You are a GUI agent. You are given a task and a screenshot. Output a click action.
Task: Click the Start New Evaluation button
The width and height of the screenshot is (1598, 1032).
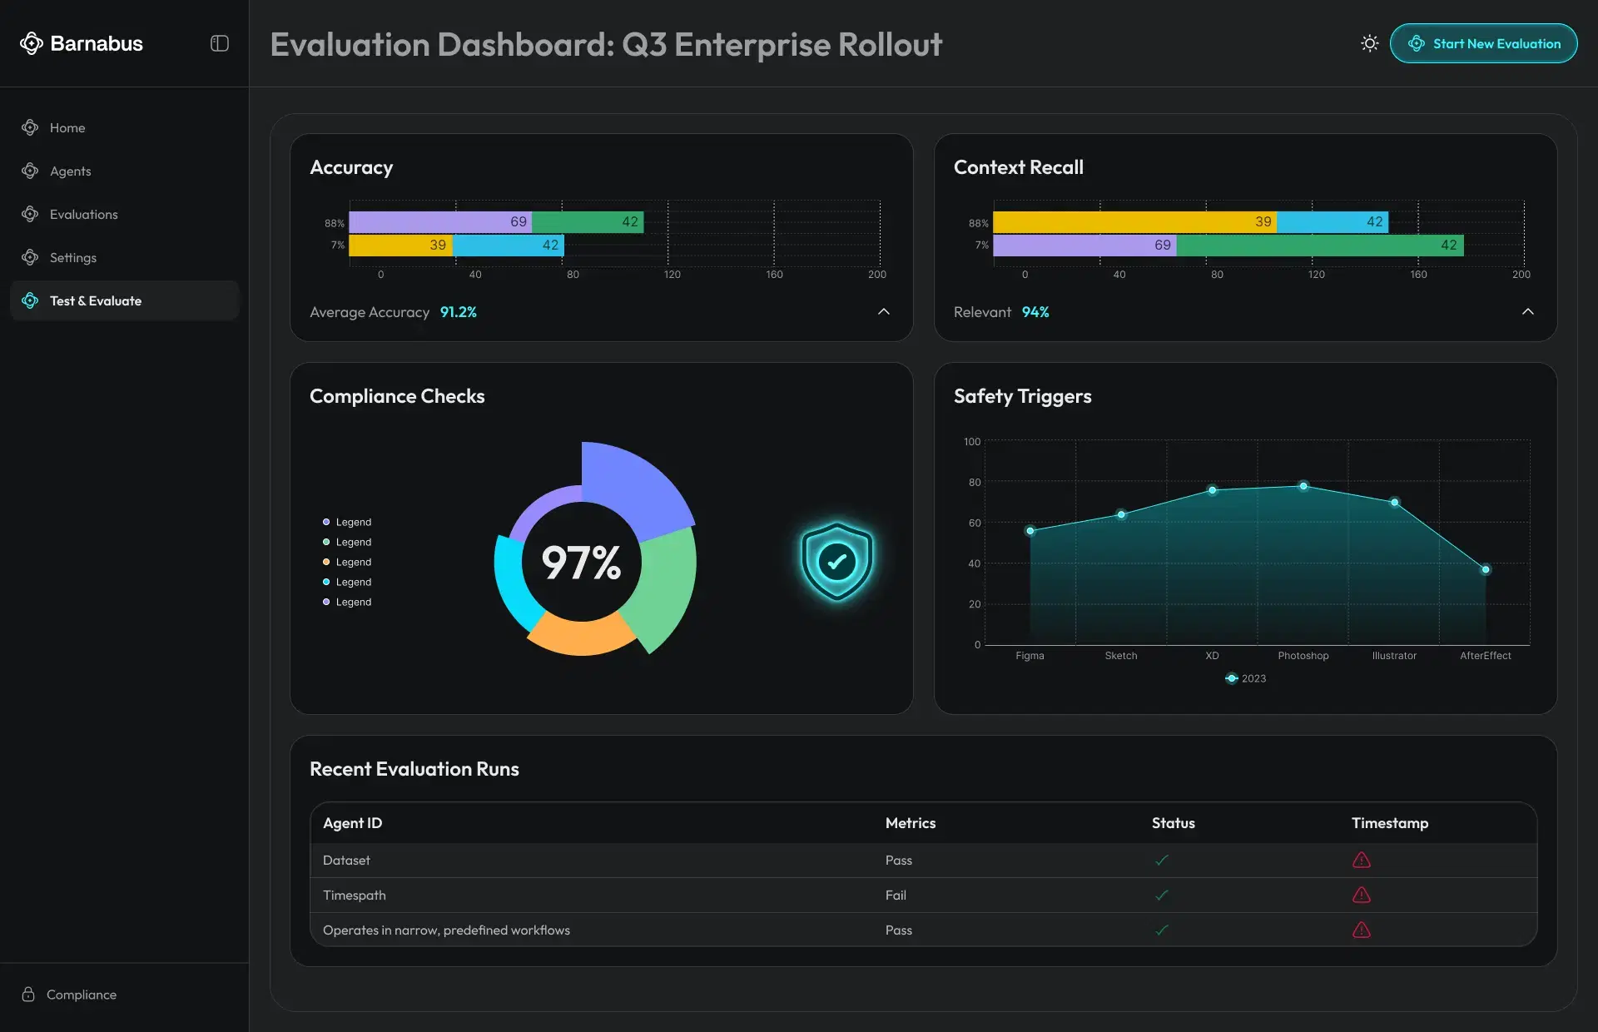click(1483, 43)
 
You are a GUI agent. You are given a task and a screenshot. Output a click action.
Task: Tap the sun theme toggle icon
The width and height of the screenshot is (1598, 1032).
click(1369, 43)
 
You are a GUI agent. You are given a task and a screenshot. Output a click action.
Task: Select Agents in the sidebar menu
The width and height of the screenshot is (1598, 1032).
click(70, 171)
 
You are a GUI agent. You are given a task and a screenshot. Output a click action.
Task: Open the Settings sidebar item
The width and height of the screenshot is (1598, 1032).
click(72, 257)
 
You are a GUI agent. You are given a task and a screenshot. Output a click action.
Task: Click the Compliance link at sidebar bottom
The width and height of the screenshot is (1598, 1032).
click(81, 995)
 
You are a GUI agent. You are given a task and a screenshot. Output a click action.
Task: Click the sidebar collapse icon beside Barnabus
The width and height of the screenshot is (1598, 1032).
click(220, 43)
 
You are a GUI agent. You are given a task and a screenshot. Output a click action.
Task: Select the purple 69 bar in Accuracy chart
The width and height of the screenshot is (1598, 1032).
click(440, 222)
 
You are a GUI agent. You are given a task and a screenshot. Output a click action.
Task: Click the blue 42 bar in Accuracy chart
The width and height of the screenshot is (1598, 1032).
click(509, 245)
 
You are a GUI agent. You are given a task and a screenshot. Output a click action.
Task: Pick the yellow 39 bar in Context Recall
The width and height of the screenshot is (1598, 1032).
click(1134, 222)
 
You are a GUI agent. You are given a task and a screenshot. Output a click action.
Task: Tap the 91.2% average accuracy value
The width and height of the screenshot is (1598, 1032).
click(458, 312)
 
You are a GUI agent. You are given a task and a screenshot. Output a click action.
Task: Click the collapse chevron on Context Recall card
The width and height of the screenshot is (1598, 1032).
click(1527, 311)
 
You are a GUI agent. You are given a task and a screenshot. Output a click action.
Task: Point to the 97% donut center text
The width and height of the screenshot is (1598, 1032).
click(581, 563)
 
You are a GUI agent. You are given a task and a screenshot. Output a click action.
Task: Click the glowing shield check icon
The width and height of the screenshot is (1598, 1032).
click(836, 561)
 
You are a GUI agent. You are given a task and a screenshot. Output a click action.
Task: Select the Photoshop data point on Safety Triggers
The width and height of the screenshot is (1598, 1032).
click(1303, 486)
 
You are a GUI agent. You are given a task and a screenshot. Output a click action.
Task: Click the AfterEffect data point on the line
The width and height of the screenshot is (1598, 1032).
click(1485, 570)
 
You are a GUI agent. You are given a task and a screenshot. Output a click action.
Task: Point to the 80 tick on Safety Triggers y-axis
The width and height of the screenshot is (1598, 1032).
click(974, 483)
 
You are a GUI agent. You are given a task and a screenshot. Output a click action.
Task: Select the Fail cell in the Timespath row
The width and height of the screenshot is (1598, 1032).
click(896, 896)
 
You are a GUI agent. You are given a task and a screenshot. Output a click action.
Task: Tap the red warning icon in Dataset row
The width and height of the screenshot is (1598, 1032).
click(1361, 860)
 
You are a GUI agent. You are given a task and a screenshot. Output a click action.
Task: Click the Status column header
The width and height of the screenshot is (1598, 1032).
click(1173, 823)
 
